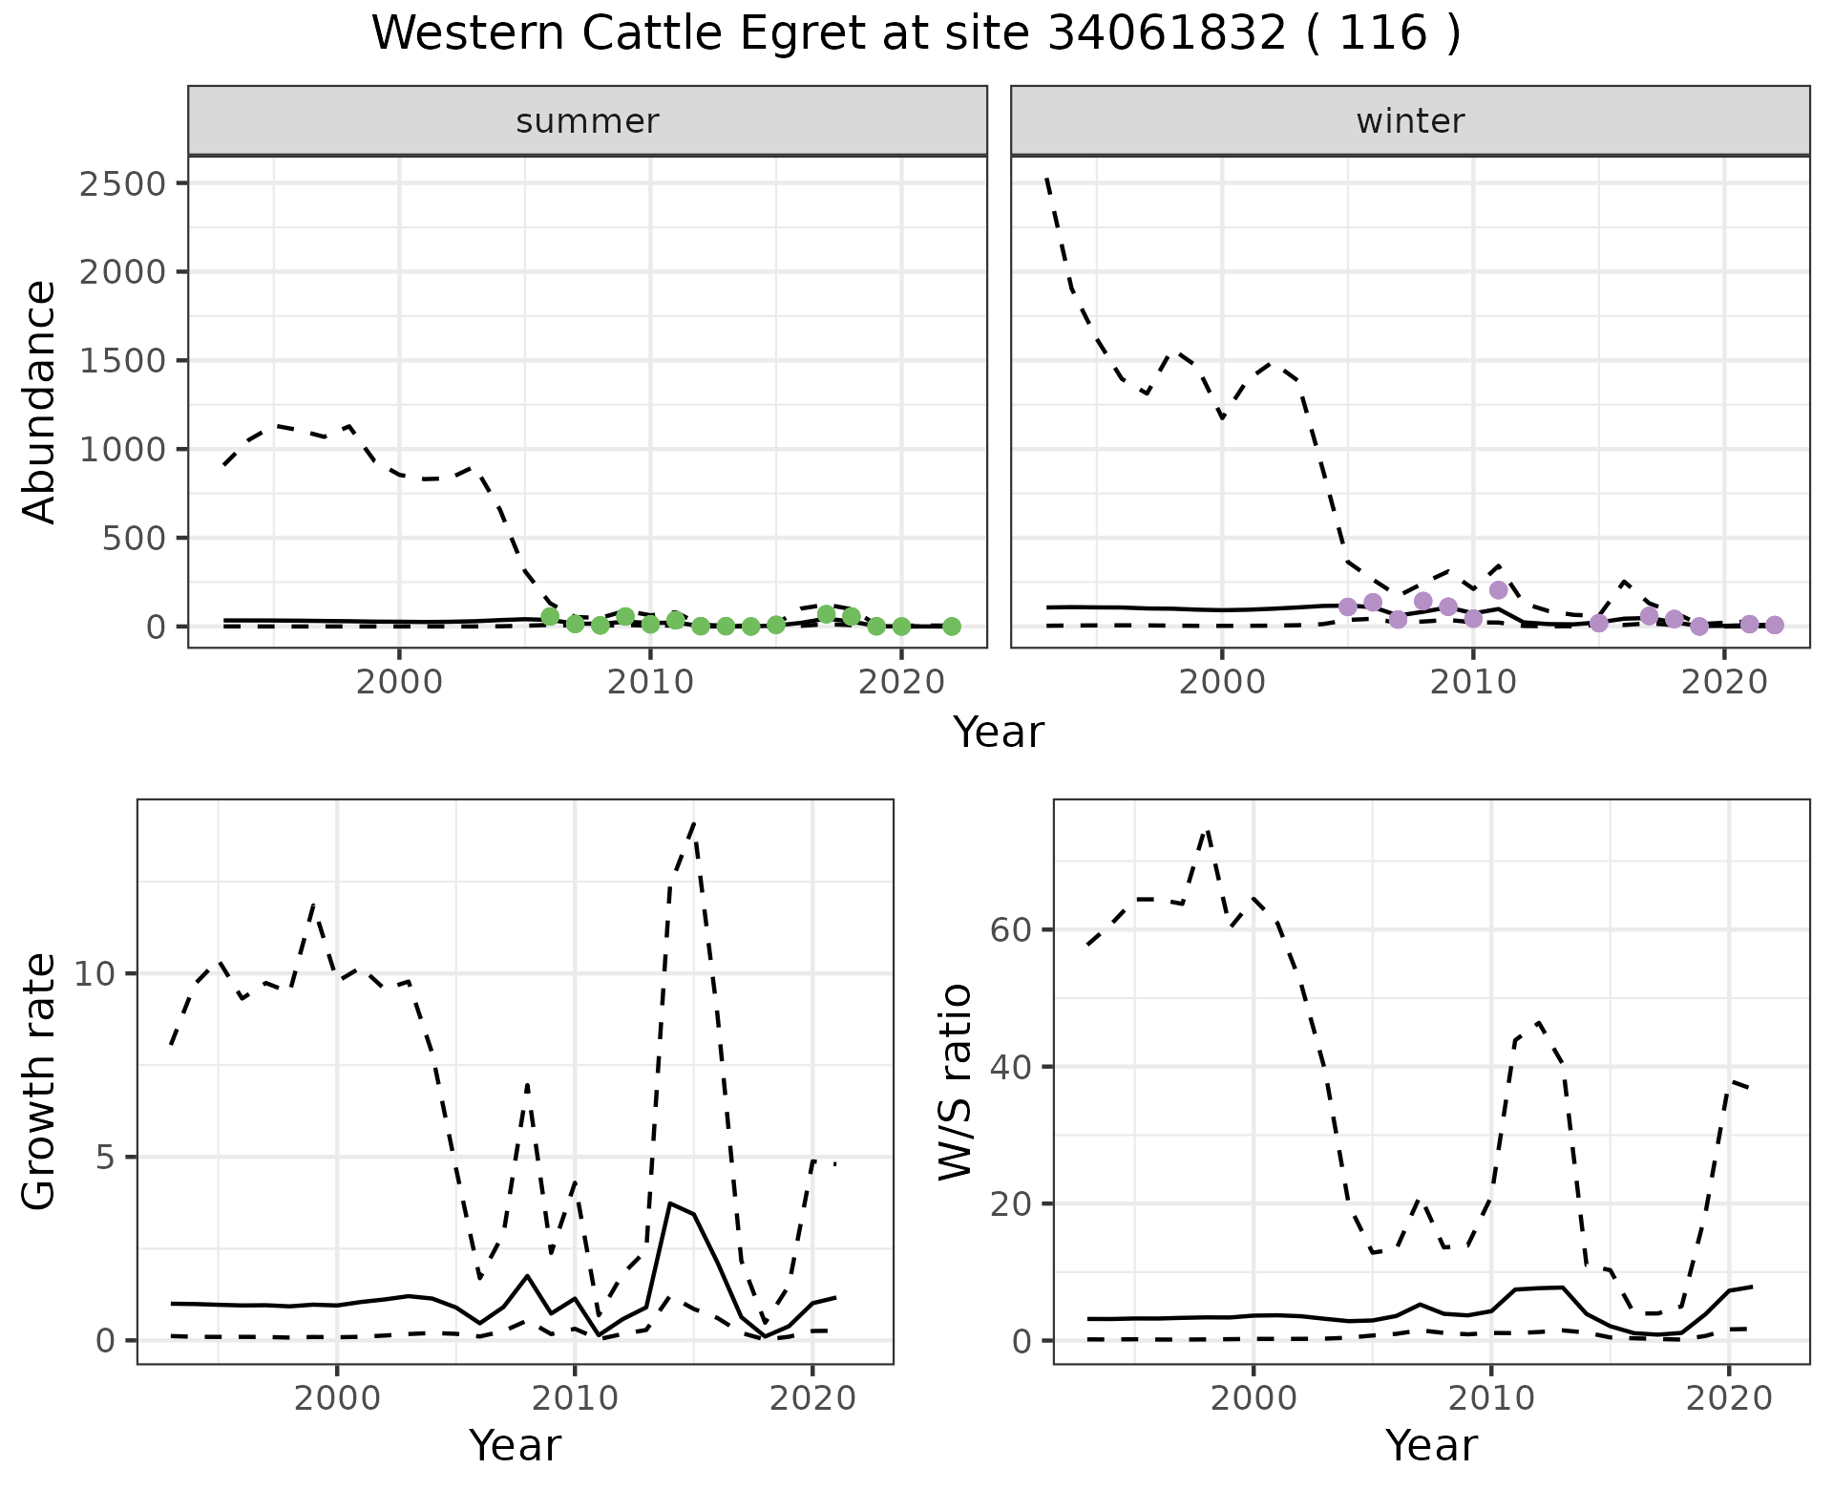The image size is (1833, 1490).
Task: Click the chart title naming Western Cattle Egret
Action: [x=916, y=34]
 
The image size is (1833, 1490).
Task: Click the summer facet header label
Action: [x=587, y=121]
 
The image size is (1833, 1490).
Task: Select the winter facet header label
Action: [x=1410, y=121]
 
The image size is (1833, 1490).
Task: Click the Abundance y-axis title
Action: [x=40, y=401]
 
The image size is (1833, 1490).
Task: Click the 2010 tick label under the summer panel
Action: [x=650, y=683]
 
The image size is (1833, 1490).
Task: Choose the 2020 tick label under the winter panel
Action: [x=1723, y=683]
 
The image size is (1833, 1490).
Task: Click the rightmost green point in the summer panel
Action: [x=951, y=627]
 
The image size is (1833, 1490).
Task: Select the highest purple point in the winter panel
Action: [x=1498, y=590]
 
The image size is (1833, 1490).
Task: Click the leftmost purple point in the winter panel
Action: [x=1348, y=607]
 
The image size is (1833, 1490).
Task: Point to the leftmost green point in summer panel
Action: [x=550, y=617]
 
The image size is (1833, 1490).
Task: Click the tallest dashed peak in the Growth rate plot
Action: [x=694, y=823]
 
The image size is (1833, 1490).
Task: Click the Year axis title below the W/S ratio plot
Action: [x=1431, y=1445]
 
